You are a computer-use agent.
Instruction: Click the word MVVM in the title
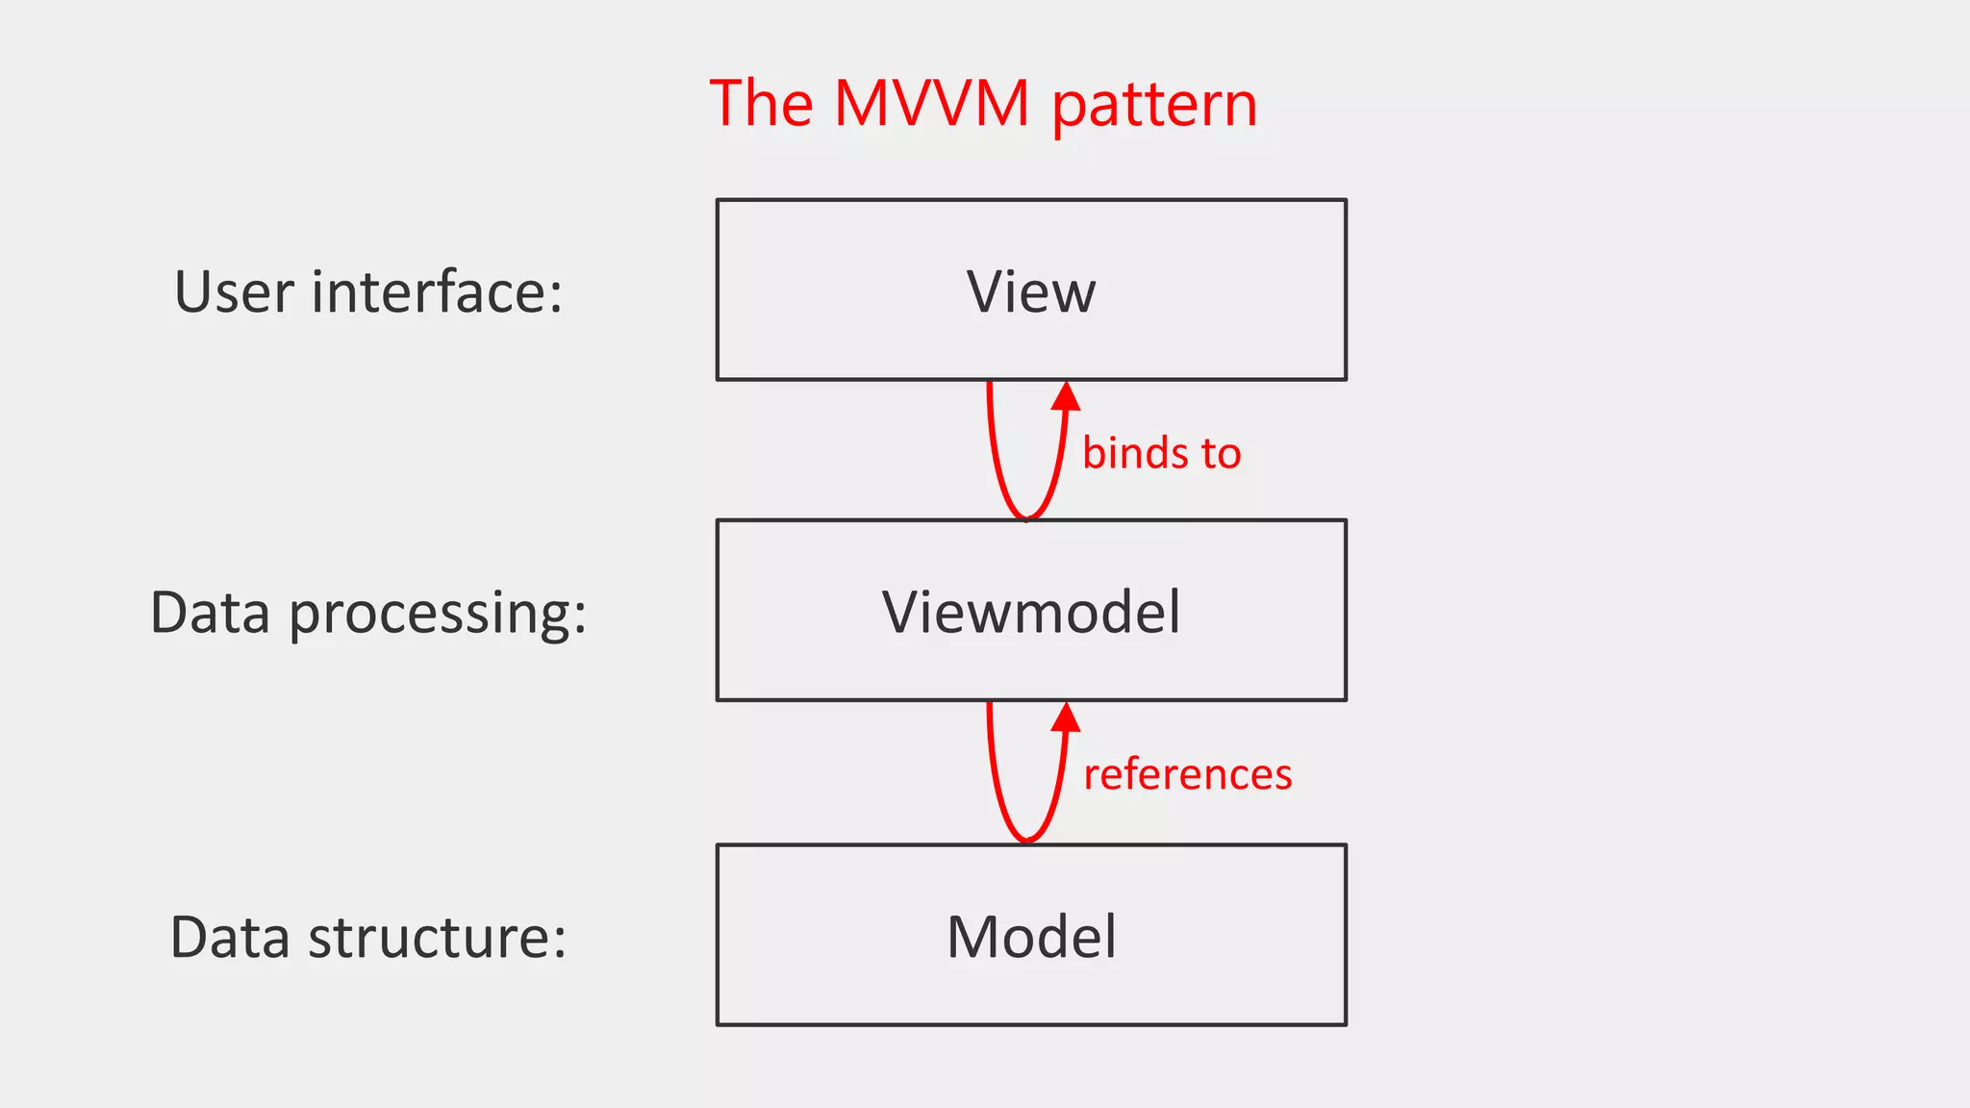click(x=931, y=103)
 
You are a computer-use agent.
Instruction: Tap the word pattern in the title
click(x=1154, y=106)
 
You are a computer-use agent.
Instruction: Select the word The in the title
click(x=761, y=103)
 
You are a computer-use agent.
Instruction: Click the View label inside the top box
click(x=1031, y=291)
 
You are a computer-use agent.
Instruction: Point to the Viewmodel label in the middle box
click(x=1031, y=612)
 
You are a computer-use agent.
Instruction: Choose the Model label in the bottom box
click(x=1031, y=936)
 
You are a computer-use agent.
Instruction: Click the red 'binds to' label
click(x=1161, y=453)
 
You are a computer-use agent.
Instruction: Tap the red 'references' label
click(x=1187, y=774)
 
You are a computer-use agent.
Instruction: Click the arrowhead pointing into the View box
click(x=1066, y=395)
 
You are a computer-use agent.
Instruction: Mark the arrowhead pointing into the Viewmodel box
click(x=1066, y=717)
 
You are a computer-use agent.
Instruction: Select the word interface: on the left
click(x=436, y=291)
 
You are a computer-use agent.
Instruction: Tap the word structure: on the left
click(x=437, y=938)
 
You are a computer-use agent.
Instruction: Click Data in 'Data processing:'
click(x=210, y=613)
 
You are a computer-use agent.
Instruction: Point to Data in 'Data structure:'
click(x=230, y=938)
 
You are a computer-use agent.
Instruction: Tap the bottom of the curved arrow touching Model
click(x=1027, y=839)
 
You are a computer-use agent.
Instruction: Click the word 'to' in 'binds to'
click(x=1220, y=453)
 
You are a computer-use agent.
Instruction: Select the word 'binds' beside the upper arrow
click(x=1135, y=453)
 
